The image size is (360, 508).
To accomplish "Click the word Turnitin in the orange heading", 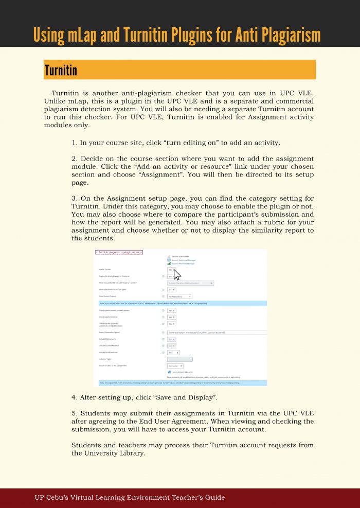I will point(61,70).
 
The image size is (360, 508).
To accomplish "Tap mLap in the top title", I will point(81,34).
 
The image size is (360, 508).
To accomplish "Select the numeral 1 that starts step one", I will point(74,143).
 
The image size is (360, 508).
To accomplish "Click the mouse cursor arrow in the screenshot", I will point(177,274).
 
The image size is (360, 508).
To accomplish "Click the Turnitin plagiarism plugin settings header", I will point(119,253).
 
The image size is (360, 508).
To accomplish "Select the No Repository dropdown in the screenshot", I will point(179,296).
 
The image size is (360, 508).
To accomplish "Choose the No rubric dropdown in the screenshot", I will point(175,366).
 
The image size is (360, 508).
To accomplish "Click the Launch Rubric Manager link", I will point(183,372).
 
